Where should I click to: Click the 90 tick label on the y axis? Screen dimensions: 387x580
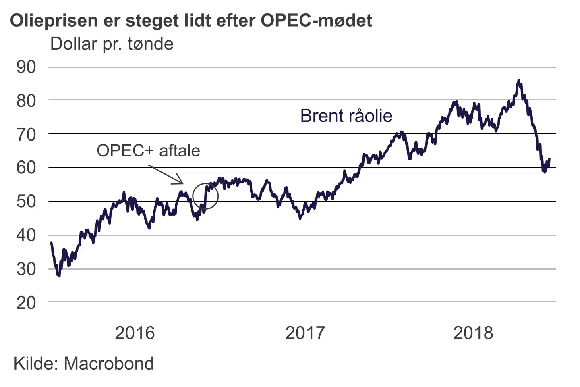tap(26, 67)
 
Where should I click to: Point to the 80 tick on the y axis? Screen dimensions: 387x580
tap(26, 101)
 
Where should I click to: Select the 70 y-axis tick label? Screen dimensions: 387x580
tap(26, 135)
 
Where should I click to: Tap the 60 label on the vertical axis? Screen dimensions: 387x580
tap(26, 168)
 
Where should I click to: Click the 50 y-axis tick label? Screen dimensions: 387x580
tap(26, 202)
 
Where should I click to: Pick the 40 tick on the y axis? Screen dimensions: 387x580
tap(26, 235)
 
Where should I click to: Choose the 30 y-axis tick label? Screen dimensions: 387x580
tap(26, 269)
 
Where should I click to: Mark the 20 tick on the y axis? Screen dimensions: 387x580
tap(26, 303)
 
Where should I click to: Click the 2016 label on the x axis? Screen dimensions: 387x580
tap(135, 333)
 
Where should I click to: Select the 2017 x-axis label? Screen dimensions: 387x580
tap(305, 333)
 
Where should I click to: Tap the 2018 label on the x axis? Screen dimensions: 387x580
tap(473, 333)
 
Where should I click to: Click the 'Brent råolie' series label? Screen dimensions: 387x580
tap(346, 116)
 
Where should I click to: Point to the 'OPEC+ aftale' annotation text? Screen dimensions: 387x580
tap(148, 151)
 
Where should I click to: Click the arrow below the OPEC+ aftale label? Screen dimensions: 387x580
tap(166, 175)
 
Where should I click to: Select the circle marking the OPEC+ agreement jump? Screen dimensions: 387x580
tap(205, 196)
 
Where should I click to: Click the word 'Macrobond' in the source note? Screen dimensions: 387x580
tap(109, 364)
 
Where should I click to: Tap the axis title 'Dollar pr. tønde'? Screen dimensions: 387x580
tap(112, 44)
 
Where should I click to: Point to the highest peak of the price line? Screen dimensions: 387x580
tap(519, 81)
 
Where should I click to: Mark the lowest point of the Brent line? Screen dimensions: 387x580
tap(59, 276)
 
